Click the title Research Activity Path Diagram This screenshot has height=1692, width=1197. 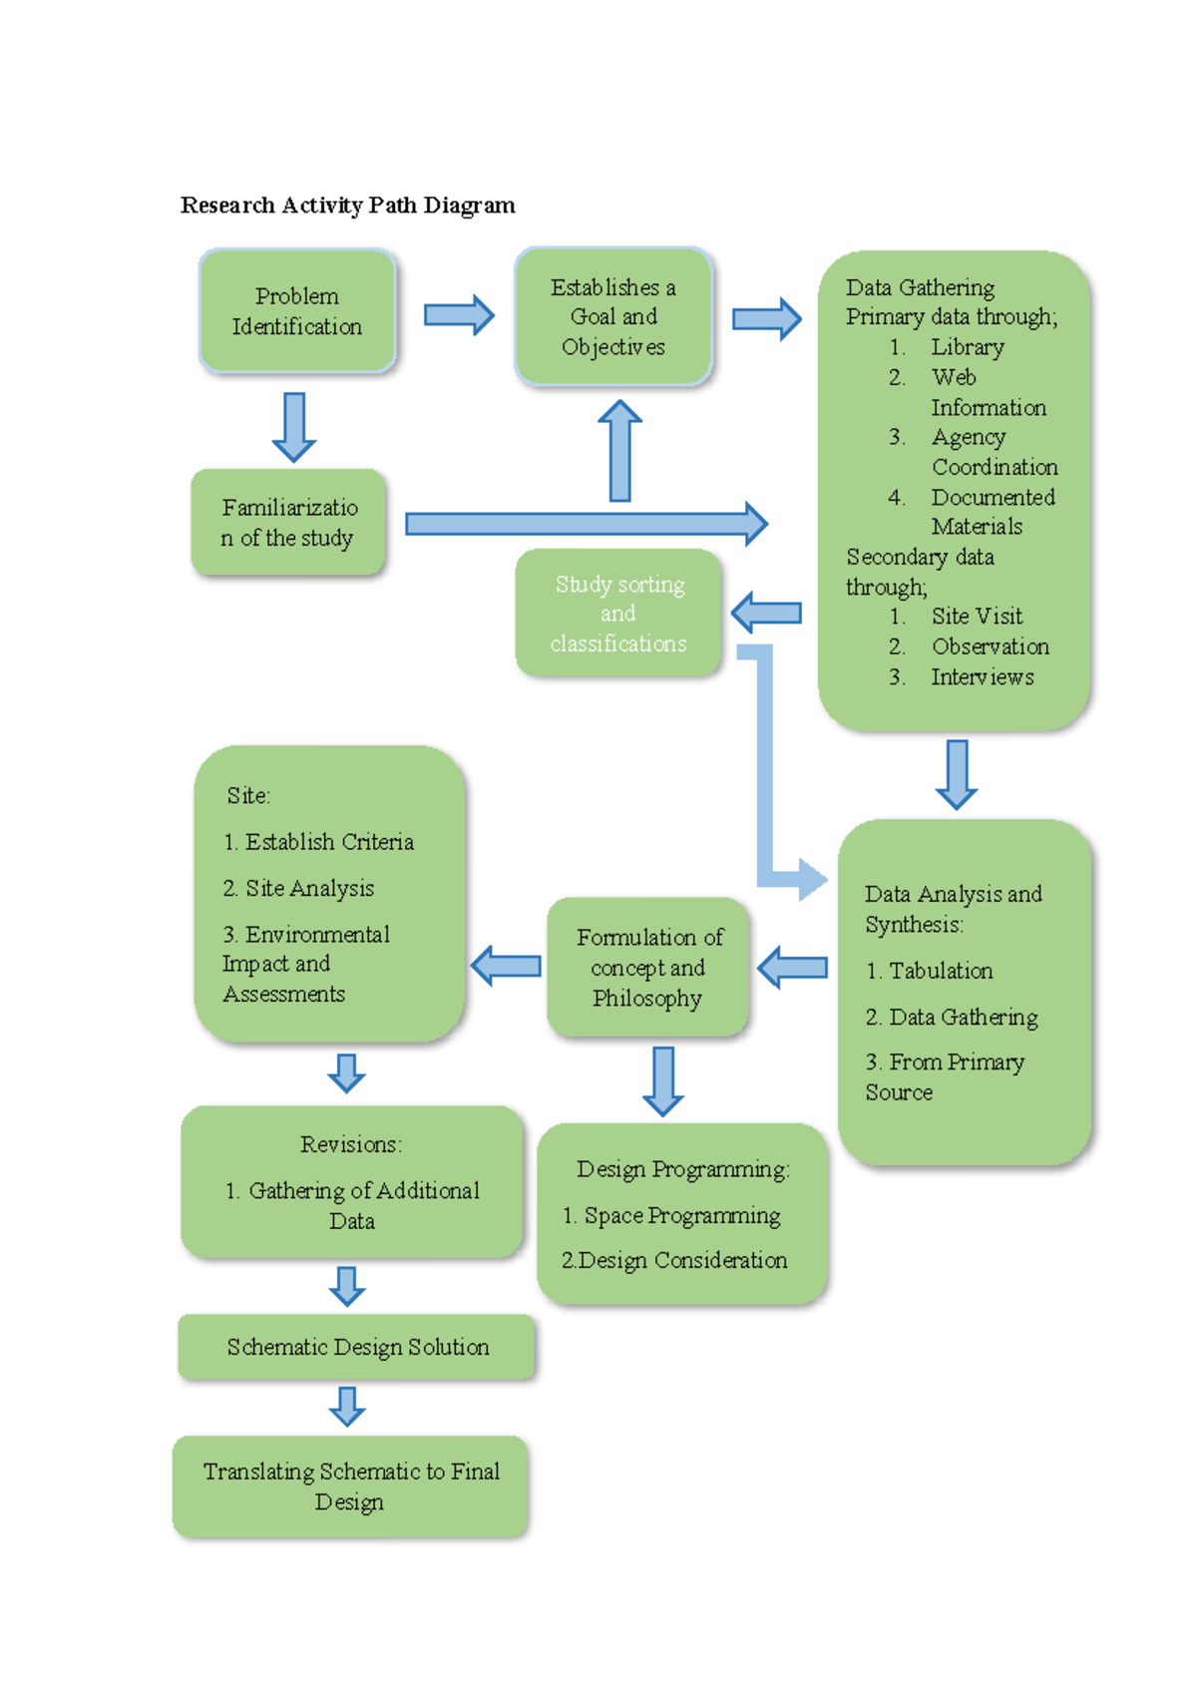(x=347, y=206)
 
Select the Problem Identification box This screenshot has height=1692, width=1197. (x=297, y=311)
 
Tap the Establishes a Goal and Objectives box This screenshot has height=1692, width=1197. (x=613, y=316)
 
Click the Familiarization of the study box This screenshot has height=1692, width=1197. (x=288, y=523)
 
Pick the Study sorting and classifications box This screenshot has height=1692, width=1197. (x=618, y=613)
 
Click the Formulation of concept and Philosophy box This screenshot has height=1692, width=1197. (x=648, y=967)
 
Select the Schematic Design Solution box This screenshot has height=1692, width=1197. (x=357, y=1347)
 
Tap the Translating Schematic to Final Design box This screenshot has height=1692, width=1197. (x=350, y=1485)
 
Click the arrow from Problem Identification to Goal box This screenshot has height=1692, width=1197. (x=458, y=315)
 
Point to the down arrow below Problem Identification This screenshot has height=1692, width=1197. (x=294, y=427)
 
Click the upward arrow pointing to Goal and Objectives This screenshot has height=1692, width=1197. (x=619, y=450)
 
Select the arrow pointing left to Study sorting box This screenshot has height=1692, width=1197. (x=766, y=613)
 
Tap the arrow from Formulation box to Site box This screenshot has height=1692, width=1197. (x=506, y=966)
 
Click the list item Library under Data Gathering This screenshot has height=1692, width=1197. (x=967, y=347)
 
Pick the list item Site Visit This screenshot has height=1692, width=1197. (x=977, y=617)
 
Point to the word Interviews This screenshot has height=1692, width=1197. (x=982, y=677)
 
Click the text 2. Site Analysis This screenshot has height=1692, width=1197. (x=298, y=888)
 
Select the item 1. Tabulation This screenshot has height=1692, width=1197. (x=929, y=971)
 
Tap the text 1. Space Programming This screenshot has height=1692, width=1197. (x=671, y=1215)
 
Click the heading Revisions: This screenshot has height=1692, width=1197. (x=351, y=1144)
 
